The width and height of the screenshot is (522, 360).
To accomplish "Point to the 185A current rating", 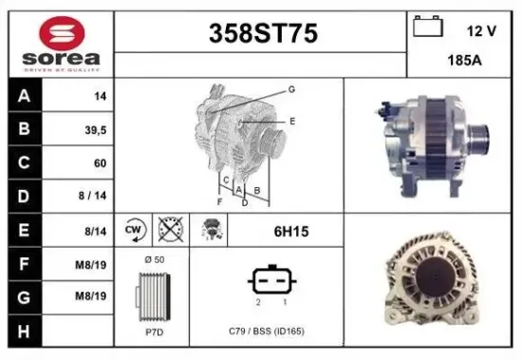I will pyautogui.click(x=460, y=60).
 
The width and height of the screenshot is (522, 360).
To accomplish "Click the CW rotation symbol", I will pyautogui.click(x=134, y=229).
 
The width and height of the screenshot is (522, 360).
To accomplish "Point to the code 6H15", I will pyautogui.click(x=290, y=230).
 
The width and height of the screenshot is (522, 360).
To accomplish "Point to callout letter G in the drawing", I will pyautogui.click(x=291, y=88).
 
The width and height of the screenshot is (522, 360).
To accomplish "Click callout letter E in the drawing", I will pyautogui.click(x=292, y=121).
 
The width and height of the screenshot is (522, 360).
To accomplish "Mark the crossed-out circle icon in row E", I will pyautogui.click(x=171, y=229).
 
